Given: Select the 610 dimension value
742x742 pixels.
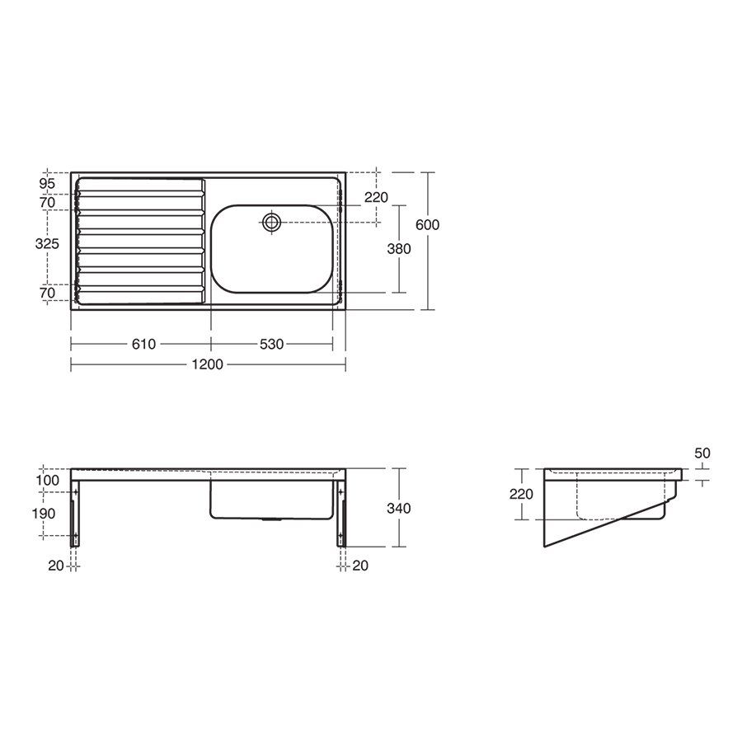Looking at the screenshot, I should click(x=143, y=344).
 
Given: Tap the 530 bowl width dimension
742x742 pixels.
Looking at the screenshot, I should click(x=271, y=344).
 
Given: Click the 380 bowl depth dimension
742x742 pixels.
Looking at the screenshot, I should click(x=399, y=248).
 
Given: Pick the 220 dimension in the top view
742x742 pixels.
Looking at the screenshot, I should click(x=376, y=198).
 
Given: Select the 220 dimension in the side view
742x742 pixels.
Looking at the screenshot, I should click(x=522, y=495).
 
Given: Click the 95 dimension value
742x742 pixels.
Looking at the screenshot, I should click(x=47, y=183).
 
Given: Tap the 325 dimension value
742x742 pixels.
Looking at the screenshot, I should click(x=47, y=244).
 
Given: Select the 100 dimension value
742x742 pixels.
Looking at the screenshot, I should click(x=47, y=480).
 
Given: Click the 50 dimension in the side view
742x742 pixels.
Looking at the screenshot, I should click(x=702, y=453).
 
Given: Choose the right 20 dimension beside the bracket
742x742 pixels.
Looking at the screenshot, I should click(x=360, y=565).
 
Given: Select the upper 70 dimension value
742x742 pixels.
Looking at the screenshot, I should click(x=47, y=202).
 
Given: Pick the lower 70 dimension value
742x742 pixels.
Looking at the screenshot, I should click(x=47, y=292).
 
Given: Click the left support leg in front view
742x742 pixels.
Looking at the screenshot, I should click(x=77, y=515).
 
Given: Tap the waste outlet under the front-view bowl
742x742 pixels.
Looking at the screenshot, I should click(x=271, y=520).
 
